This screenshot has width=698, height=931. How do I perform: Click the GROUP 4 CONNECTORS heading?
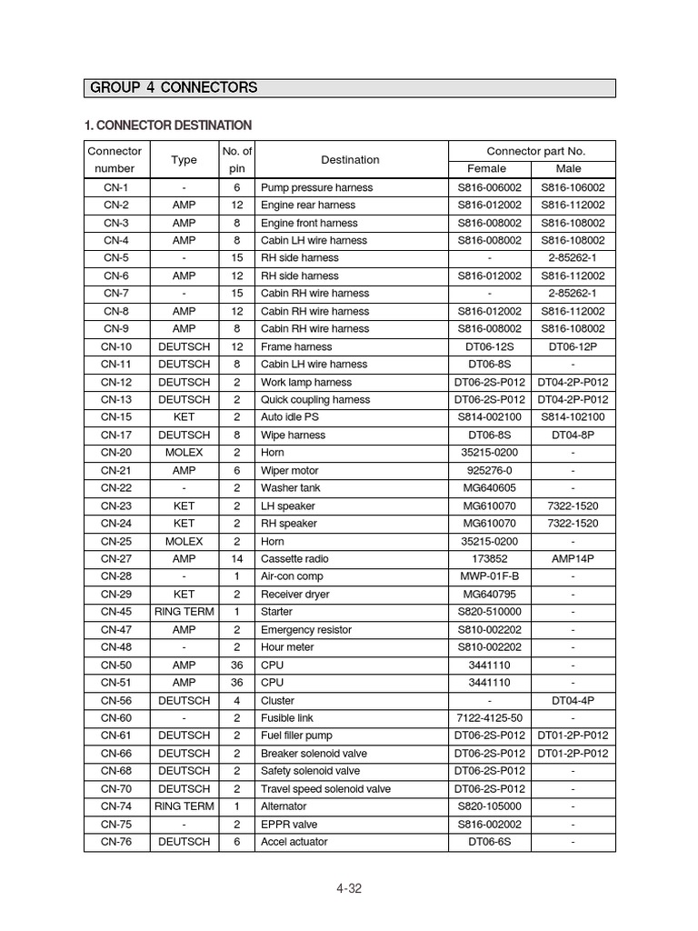click(173, 88)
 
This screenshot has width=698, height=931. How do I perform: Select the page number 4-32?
click(349, 888)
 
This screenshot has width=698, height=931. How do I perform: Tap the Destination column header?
click(350, 160)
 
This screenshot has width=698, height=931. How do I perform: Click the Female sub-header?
click(489, 169)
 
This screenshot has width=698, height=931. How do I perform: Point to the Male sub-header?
click(573, 169)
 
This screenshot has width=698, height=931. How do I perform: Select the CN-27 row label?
click(116, 559)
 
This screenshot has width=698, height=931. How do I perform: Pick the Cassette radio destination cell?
click(294, 559)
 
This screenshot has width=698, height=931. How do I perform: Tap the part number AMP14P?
click(573, 559)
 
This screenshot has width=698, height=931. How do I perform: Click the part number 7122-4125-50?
click(489, 718)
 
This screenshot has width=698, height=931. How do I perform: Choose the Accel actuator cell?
click(294, 842)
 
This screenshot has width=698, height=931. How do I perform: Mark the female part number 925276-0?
click(489, 471)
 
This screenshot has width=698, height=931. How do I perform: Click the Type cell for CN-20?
click(184, 453)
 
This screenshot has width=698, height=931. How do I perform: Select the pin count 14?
click(236, 559)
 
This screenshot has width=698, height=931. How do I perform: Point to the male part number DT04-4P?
click(573, 701)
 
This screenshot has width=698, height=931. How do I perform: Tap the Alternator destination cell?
click(284, 806)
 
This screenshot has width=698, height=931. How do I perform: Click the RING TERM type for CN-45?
click(184, 612)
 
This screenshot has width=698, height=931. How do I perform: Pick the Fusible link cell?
click(287, 718)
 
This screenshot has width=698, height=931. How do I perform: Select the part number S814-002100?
click(489, 417)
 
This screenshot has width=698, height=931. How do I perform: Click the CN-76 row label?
click(116, 842)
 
